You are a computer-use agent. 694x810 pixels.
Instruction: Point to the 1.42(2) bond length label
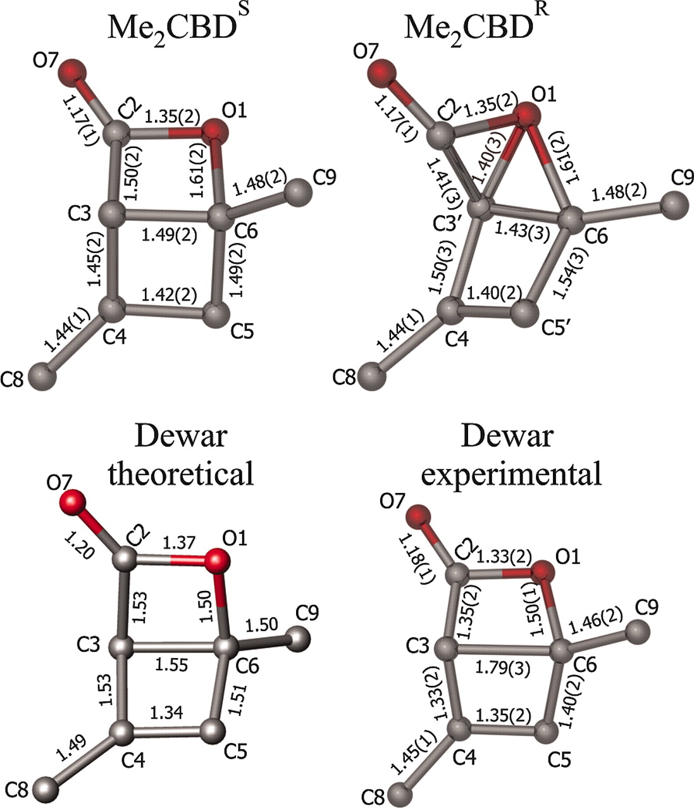point(170,294)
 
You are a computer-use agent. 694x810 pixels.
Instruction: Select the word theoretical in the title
point(181,473)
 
